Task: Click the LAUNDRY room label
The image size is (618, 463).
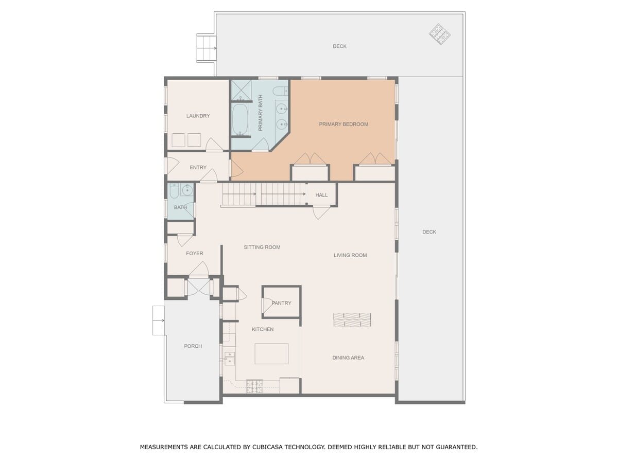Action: (198, 116)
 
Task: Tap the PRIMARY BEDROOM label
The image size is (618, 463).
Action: (344, 124)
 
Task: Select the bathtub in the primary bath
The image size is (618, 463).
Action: (240, 119)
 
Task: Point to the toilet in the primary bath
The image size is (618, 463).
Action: (280, 91)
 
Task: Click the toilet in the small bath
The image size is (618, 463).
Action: (174, 191)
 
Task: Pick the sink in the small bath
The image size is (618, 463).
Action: (186, 190)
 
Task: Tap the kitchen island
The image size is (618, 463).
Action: (271, 353)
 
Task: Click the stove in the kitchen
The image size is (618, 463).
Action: (254, 386)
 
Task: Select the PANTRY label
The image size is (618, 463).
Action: (282, 303)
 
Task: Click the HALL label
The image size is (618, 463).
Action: (321, 195)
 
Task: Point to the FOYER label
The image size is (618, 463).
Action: (194, 253)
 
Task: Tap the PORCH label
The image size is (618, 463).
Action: (193, 346)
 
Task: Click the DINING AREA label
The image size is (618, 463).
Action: (348, 358)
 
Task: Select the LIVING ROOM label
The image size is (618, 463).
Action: (350, 255)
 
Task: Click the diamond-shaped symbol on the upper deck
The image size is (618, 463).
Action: (439, 34)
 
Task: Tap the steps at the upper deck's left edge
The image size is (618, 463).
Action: (207, 48)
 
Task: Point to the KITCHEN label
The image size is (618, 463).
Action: (263, 329)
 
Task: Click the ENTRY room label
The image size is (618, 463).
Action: (198, 168)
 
